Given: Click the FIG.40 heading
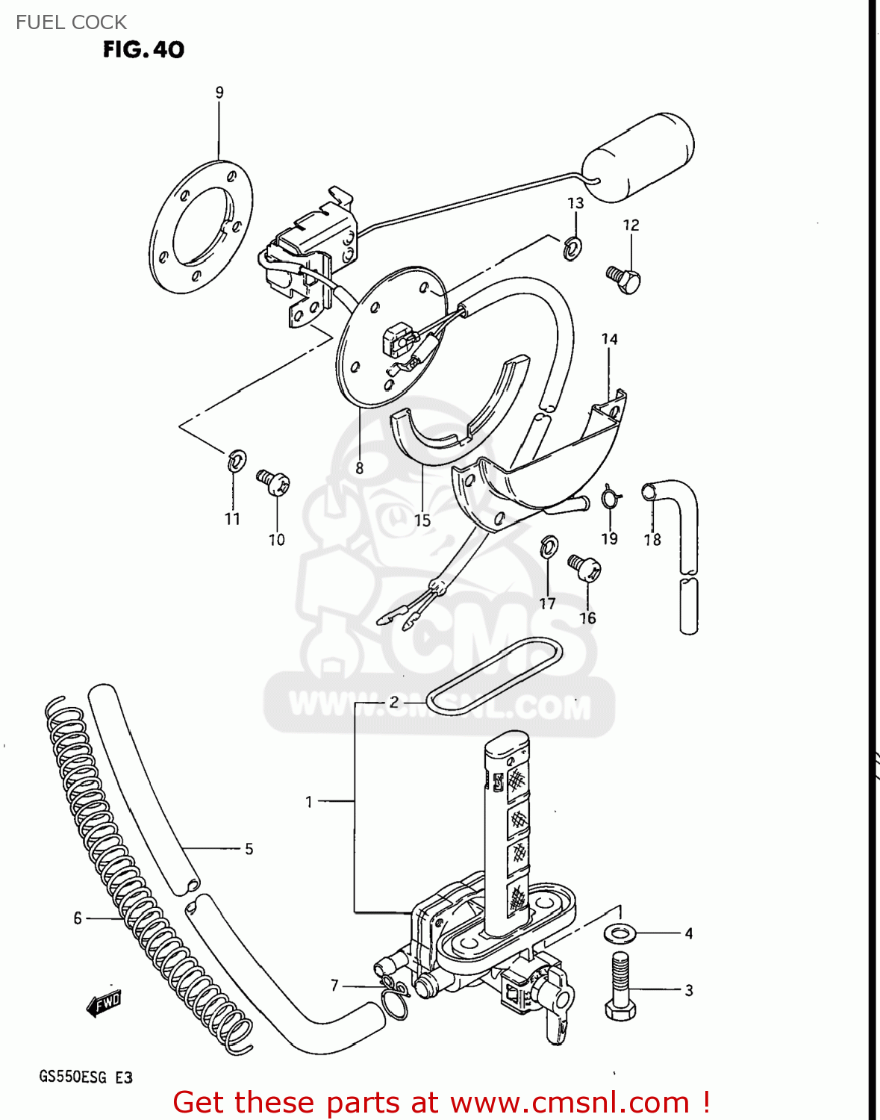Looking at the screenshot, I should click(x=143, y=49).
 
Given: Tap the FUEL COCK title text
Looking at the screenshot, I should click(x=71, y=22).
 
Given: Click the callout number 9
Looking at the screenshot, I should click(x=219, y=93).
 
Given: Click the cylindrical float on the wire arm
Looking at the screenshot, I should click(x=638, y=157).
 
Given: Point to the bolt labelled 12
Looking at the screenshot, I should click(x=624, y=280).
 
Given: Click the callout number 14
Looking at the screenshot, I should click(x=610, y=339).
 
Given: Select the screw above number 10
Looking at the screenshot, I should click(x=272, y=482).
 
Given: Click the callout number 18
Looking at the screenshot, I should click(x=652, y=539).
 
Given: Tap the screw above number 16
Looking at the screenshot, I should click(x=584, y=567).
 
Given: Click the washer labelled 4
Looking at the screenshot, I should click(x=619, y=933).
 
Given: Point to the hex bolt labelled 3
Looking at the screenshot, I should click(x=620, y=988).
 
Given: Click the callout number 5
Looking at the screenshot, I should click(x=249, y=849).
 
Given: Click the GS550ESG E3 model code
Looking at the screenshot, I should click(x=86, y=1077).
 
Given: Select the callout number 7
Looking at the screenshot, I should click(x=335, y=986).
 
